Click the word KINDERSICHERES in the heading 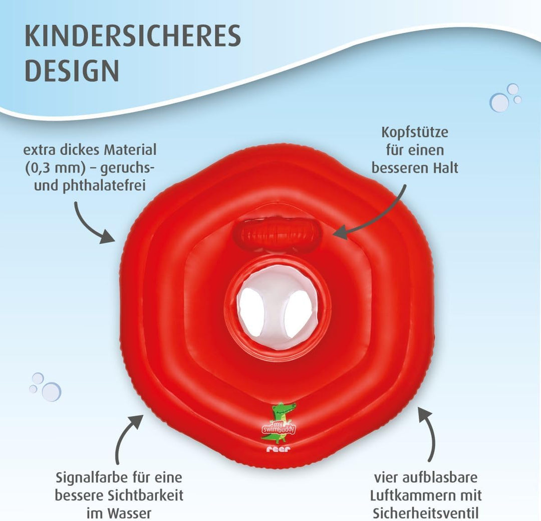pyautogui.click(x=133, y=36)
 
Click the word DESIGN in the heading pyautogui.click(x=72, y=71)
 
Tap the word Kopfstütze pyautogui.click(x=415, y=133)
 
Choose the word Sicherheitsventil pyautogui.click(x=425, y=513)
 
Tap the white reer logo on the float pyautogui.click(x=279, y=449)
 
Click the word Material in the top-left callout pyautogui.click(x=130, y=150)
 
